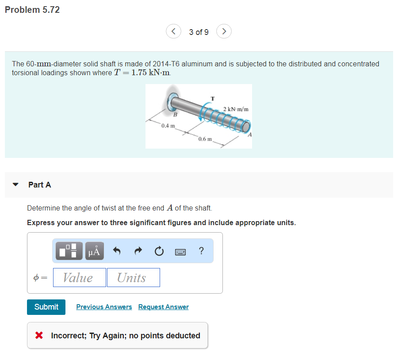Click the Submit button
(x=46, y=307)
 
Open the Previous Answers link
(x=104, y=307)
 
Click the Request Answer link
(x=163, y=307)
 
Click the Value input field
(x=79, y=278)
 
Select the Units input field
(x=133, y=278)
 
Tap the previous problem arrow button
(x=173, y=31)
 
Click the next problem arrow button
(x=224, y=31)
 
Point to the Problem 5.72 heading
(x=32, y=10)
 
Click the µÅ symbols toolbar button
(x=96, y=251)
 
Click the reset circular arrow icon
(x=159, y=251)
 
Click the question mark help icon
(x=202, y=251)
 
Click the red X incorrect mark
(x=39, y=336)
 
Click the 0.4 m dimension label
(x=168, y=126)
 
